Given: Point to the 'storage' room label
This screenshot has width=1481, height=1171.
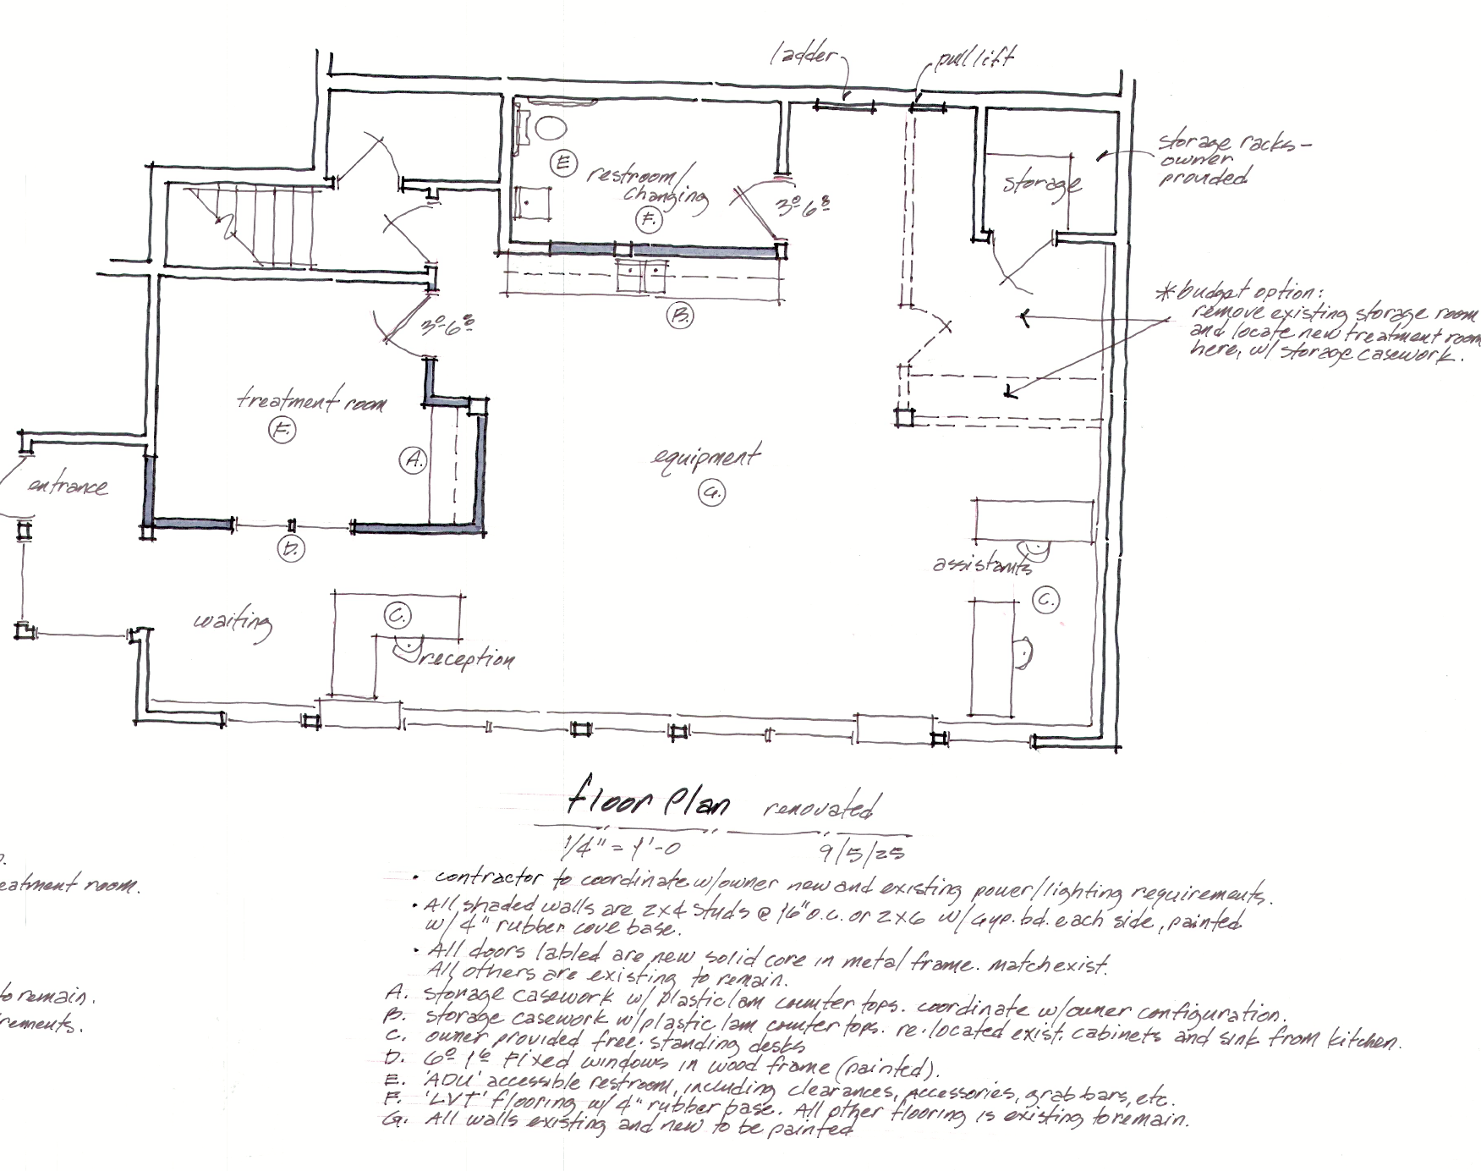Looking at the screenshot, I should [x=1041, y=183].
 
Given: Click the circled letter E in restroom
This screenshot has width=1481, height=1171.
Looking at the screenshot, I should [x=562, y=162].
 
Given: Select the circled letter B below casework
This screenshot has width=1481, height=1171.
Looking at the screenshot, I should [x=679, y=316].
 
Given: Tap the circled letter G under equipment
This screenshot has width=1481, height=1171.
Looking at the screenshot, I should [x=712, y=492].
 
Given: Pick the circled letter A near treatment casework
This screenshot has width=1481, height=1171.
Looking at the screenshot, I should [x=413, y=460].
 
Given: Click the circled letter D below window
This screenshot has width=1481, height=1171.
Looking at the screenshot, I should [x=291, y=549].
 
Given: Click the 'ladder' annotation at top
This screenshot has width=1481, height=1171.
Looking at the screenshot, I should [x=803, y=56].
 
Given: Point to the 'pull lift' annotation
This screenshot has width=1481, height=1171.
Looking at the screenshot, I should [x=974, y=59].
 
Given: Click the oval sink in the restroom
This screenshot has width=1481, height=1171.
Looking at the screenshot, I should [x=551, y=128].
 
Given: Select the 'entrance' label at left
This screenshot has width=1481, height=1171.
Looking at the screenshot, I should [x=68, y=487].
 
